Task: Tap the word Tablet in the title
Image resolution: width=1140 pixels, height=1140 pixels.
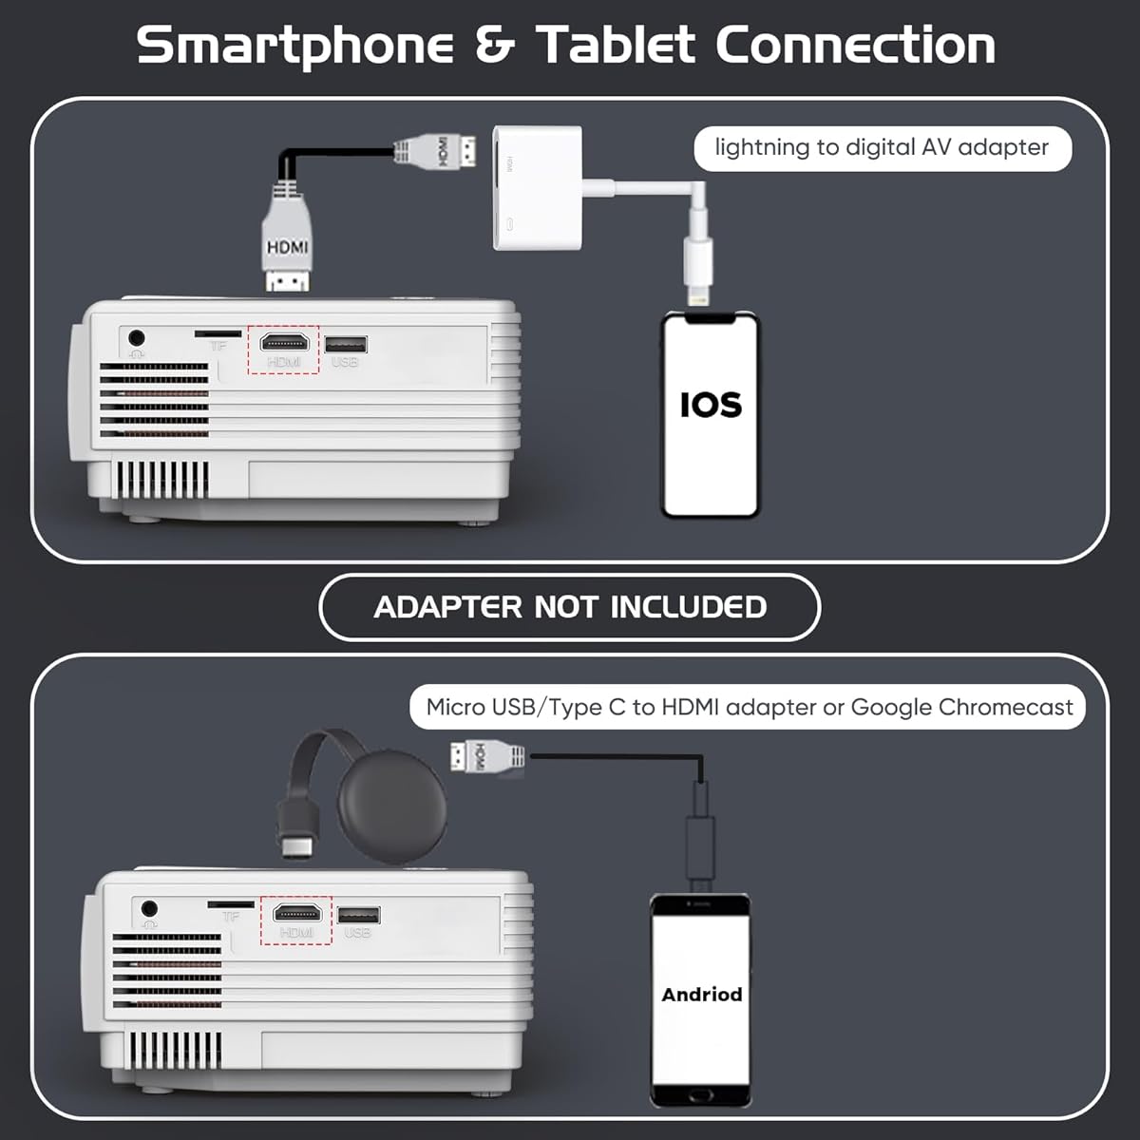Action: [616, 45]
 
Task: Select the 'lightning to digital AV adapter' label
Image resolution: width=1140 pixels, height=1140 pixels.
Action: [882, 148]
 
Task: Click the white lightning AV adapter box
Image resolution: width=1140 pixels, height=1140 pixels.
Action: [537, 187]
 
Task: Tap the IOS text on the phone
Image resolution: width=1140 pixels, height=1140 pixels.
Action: [711, 406]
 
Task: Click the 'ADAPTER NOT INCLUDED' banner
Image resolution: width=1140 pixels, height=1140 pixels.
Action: [570, 607]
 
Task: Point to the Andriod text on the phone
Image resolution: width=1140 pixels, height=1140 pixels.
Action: [702, 995]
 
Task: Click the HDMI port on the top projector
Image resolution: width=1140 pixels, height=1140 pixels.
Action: [285, 343]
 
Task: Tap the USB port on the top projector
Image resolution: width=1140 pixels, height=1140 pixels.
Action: [346, 344]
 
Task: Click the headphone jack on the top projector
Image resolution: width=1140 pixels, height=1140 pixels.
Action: [137, 338]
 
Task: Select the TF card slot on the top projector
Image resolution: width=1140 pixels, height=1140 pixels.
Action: [218, 334]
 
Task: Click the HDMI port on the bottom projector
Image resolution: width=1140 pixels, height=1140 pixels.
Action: [297, 913]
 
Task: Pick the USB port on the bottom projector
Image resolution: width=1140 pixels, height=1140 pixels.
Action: [359, 915]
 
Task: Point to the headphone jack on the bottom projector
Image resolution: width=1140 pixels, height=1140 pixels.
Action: [150, 908]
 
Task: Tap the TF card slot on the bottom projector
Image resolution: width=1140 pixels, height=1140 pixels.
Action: [231, 904]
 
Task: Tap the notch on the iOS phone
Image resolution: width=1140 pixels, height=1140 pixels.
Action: [710, 319]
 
